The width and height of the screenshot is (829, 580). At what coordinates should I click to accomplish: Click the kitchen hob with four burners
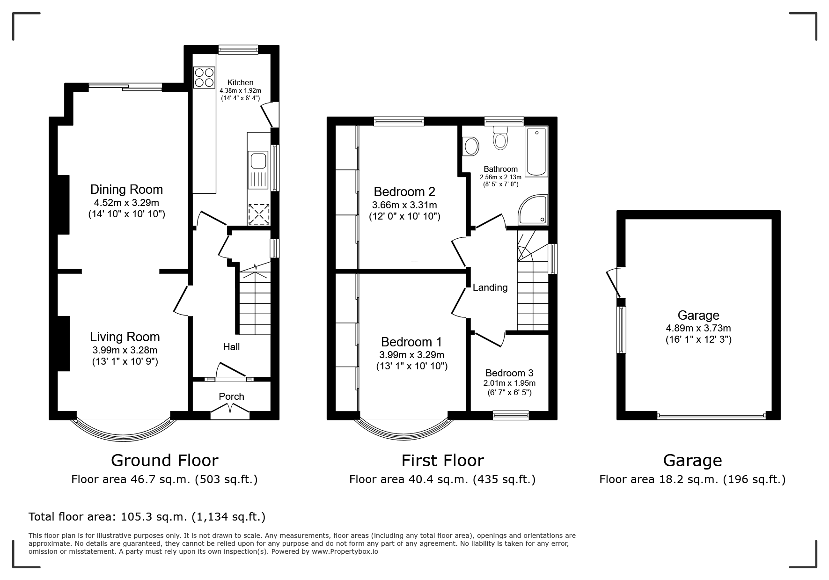[x=205, y=77]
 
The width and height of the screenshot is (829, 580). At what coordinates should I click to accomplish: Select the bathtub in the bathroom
[x=536, y=151]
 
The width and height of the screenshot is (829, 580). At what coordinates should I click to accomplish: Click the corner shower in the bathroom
[x=533, y=210]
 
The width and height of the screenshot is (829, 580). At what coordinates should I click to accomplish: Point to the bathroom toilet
[x=500, y=137]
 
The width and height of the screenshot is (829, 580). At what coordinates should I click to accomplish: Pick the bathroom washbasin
[x=470, y=146]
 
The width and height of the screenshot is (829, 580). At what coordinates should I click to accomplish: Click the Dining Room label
[x=126, y=190]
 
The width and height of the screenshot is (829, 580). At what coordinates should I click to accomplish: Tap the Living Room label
[x=125, y=337]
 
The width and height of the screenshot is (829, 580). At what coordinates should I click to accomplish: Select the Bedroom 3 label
[x=509, y=373]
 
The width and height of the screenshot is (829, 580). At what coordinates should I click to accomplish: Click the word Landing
[x=490, y=287]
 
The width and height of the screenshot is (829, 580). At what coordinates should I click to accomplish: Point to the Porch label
[x=231, y=396]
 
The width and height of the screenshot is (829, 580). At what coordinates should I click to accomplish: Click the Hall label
[x=231, y=347]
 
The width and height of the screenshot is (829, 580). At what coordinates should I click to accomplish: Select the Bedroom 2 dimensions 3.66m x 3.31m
[x=404, y=205]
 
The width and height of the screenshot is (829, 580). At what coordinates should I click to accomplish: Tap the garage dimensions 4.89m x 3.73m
[x=698, y=328]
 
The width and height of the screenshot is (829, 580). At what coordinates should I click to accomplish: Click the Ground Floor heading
[x=164, y=461]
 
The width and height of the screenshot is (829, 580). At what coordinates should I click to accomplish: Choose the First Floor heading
[x=442, y=461]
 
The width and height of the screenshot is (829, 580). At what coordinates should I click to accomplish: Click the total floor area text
[x=147, y=517]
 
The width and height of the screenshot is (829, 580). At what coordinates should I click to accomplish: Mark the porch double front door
[x=230, y=410]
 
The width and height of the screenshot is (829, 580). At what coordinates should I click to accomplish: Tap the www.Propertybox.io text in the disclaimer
[x=345, y=551]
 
